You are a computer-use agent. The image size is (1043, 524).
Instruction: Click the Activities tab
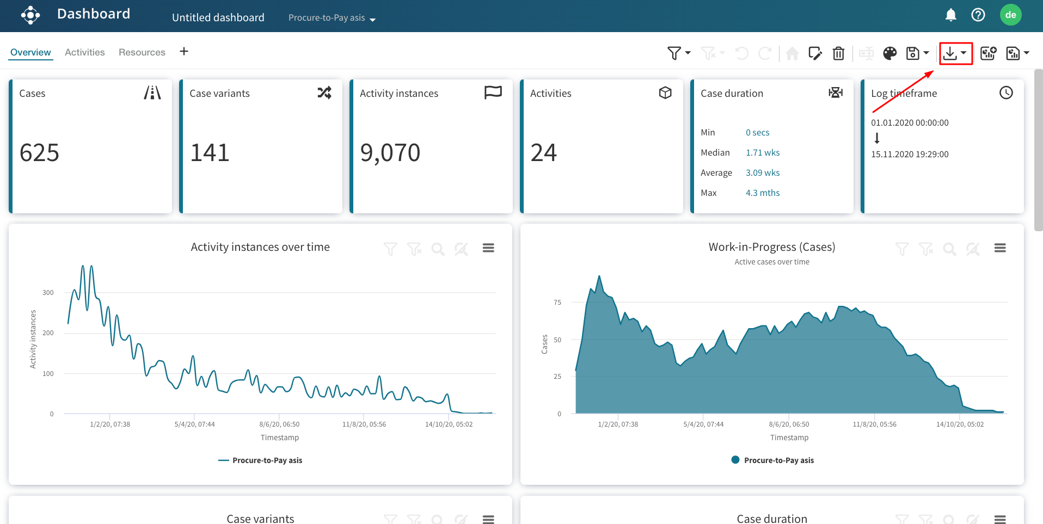tap(84, 52)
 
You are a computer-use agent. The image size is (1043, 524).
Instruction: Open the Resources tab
tap(142, 52)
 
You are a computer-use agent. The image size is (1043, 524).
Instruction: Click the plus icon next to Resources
tap(184, 51)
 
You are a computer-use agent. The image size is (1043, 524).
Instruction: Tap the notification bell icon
tap(950, 15)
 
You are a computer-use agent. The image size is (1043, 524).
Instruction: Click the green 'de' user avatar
tap(1010, 15)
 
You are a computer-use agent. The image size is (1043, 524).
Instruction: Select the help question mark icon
tap(978, 15)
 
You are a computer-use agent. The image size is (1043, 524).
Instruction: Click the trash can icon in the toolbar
tap(838, 53)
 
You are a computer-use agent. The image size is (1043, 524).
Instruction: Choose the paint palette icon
tap(889, 53)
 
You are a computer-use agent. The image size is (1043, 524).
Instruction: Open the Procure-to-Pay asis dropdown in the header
tap(332, 18)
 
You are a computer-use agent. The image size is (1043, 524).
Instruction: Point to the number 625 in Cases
tap(39, 153)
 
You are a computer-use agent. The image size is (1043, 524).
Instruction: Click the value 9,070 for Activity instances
tap(390, 153)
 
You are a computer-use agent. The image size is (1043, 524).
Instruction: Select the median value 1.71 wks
tap(762, 153)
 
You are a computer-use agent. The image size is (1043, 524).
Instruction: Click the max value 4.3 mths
tap(762, 193)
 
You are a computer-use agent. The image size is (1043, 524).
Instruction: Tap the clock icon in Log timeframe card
tap(1006, 93)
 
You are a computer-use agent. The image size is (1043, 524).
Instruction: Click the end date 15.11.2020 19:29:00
tap(909, 155)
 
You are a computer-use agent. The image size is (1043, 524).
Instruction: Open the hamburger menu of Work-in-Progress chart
tap(999, 248)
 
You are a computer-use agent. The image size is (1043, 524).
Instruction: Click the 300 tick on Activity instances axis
tap(48, 293)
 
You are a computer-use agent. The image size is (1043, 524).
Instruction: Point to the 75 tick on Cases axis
tap(557, 303)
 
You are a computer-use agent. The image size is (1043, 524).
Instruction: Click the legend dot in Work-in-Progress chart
tap(735, 460)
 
